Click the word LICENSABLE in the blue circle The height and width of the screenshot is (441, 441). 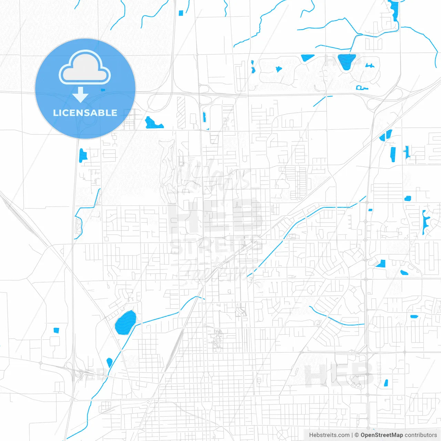tap(85, 113)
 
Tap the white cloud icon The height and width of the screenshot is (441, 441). tap(85, 68)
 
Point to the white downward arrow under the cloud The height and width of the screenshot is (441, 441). tap(81, 95)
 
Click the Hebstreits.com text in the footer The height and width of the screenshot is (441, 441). tap(329, 435)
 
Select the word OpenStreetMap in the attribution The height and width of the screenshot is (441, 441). tap(381, 435)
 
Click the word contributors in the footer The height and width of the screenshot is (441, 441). tap(421, 435)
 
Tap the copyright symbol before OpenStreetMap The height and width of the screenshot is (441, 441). tap(357, 435)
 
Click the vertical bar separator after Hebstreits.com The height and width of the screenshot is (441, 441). tap(352, 435)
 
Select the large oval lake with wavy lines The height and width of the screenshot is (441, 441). tap(125, 323)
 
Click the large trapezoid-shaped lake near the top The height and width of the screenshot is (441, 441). tap(347, 61)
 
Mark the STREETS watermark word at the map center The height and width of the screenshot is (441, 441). tap(216, 246)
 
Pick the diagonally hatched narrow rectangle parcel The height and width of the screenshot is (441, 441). tap(181, 112)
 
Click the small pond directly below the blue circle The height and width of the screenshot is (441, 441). tap(82, 155)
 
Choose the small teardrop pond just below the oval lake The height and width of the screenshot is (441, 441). tap(110, 362)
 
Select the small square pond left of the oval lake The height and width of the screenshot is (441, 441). tap(56, 330)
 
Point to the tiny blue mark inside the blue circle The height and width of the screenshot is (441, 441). tap(103, 90)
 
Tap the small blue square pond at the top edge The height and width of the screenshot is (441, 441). tap(181, 13)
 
